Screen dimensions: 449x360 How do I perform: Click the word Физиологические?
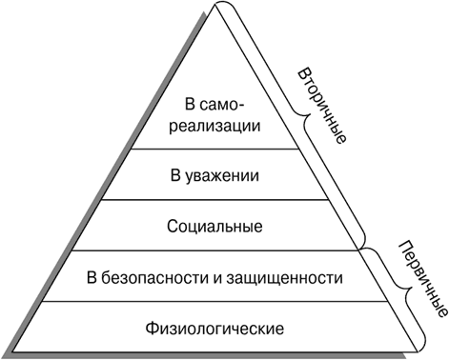[214, 328]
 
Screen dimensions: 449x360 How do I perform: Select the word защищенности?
[284, 279]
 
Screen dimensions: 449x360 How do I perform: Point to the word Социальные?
[214, 227]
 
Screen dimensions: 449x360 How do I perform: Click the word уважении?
[222, 176]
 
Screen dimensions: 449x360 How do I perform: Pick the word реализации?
[214, 126]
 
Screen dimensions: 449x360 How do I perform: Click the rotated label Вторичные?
[322, 106]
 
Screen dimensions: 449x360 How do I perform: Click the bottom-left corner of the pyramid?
[13, 351]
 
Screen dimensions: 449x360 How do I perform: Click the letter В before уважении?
[175, 175]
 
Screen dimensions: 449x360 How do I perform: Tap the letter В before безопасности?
[92, 278]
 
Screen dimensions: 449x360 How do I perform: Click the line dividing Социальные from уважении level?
[215, 200]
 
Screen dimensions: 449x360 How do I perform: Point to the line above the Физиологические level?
[215, 302]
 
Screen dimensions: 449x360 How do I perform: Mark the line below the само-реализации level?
[215, 149]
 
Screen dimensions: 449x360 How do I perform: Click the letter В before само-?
[190, 105]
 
